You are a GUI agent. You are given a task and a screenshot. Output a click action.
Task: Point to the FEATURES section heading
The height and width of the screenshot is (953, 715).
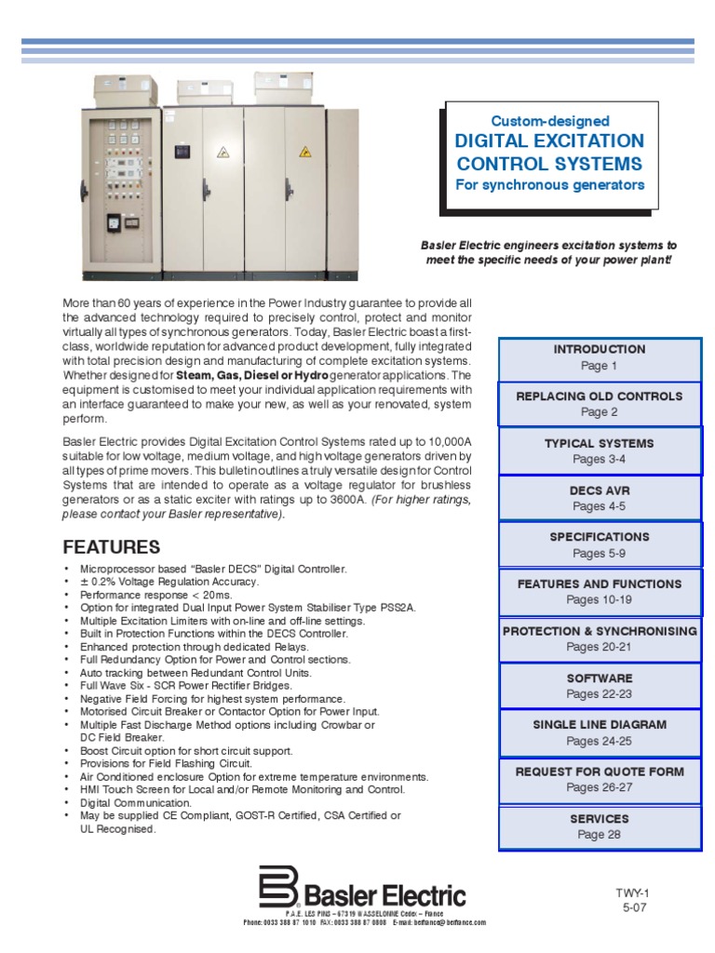111,546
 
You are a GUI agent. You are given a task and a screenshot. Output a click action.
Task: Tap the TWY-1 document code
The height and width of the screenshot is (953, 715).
633,893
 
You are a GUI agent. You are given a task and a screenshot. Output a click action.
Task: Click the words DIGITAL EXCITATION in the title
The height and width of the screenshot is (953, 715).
549,141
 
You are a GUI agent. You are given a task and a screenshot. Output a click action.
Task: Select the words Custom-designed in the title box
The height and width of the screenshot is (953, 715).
549,121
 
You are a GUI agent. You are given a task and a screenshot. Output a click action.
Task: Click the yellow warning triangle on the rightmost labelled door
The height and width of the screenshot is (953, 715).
303,151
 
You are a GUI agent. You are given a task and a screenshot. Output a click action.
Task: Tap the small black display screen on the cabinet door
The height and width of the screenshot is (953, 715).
114,221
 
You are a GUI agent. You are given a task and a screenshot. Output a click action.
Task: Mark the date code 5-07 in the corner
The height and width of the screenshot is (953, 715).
633,906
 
